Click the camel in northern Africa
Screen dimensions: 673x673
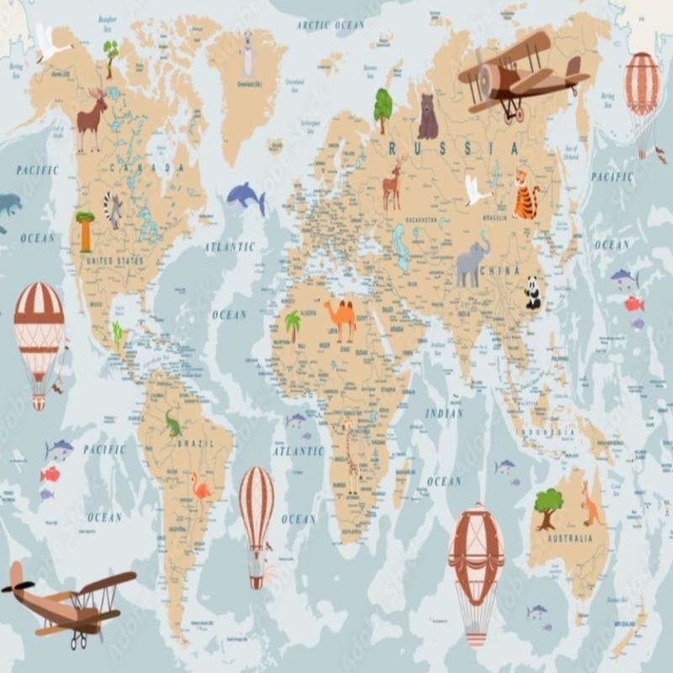(341, 318)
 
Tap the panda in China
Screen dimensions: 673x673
(533, 292)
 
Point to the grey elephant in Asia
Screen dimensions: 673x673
(473, 262)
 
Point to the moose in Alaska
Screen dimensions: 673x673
(93, 120)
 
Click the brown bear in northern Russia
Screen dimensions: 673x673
(427, 117)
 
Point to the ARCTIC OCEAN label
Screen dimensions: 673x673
(331, 26)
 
